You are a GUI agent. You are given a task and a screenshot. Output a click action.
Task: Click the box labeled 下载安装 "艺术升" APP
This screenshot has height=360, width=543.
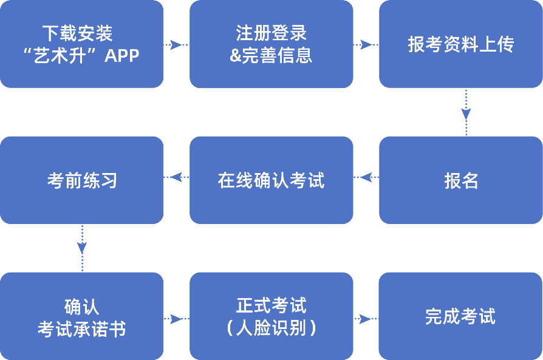pos(81,44)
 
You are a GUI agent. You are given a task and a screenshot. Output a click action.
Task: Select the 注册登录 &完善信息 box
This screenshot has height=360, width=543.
pos(271,44)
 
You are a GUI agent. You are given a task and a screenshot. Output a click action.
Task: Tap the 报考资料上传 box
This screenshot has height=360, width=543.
pos(460,44)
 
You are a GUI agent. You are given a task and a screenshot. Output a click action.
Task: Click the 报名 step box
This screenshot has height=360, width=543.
pos(460,180)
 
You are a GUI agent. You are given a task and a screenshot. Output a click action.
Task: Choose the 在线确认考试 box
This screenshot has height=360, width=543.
pos(271,180)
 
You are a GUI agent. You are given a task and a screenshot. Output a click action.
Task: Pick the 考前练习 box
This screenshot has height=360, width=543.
pos(81,180)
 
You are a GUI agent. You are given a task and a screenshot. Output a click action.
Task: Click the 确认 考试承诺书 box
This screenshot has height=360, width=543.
pos(81,316)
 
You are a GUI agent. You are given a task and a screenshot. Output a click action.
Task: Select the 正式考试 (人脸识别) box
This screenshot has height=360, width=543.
pos(271,316)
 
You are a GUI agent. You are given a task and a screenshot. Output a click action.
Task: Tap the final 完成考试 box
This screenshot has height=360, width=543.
pos(460,316)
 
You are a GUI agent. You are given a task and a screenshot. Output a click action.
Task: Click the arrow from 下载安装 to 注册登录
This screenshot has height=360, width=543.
pos(176,45)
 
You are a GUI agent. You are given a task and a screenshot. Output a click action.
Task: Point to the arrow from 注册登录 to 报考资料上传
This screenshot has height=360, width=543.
pos(366,45)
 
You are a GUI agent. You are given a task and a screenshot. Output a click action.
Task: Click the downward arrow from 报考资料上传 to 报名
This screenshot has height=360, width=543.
pos(466,112)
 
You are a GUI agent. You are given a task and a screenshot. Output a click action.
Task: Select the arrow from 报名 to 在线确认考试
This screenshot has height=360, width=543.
pos(366,177)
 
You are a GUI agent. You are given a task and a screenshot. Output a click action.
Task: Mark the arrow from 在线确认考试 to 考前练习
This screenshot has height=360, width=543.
pos(176,177)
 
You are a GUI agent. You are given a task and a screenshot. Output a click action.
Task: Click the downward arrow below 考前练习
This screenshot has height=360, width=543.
pos(82,248)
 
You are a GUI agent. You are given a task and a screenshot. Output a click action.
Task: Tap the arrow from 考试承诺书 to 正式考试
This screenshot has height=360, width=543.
pos(176,319)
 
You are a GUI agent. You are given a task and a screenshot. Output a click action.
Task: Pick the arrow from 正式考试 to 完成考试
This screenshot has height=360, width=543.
pos(366,319)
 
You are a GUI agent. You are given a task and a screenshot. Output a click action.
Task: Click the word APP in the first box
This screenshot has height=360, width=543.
pos(122,56)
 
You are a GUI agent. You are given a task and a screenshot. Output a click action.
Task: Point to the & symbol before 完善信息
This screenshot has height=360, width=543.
pos(235,56)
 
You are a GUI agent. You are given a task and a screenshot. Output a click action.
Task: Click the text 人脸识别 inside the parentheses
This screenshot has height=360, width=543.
pos(271,328)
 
